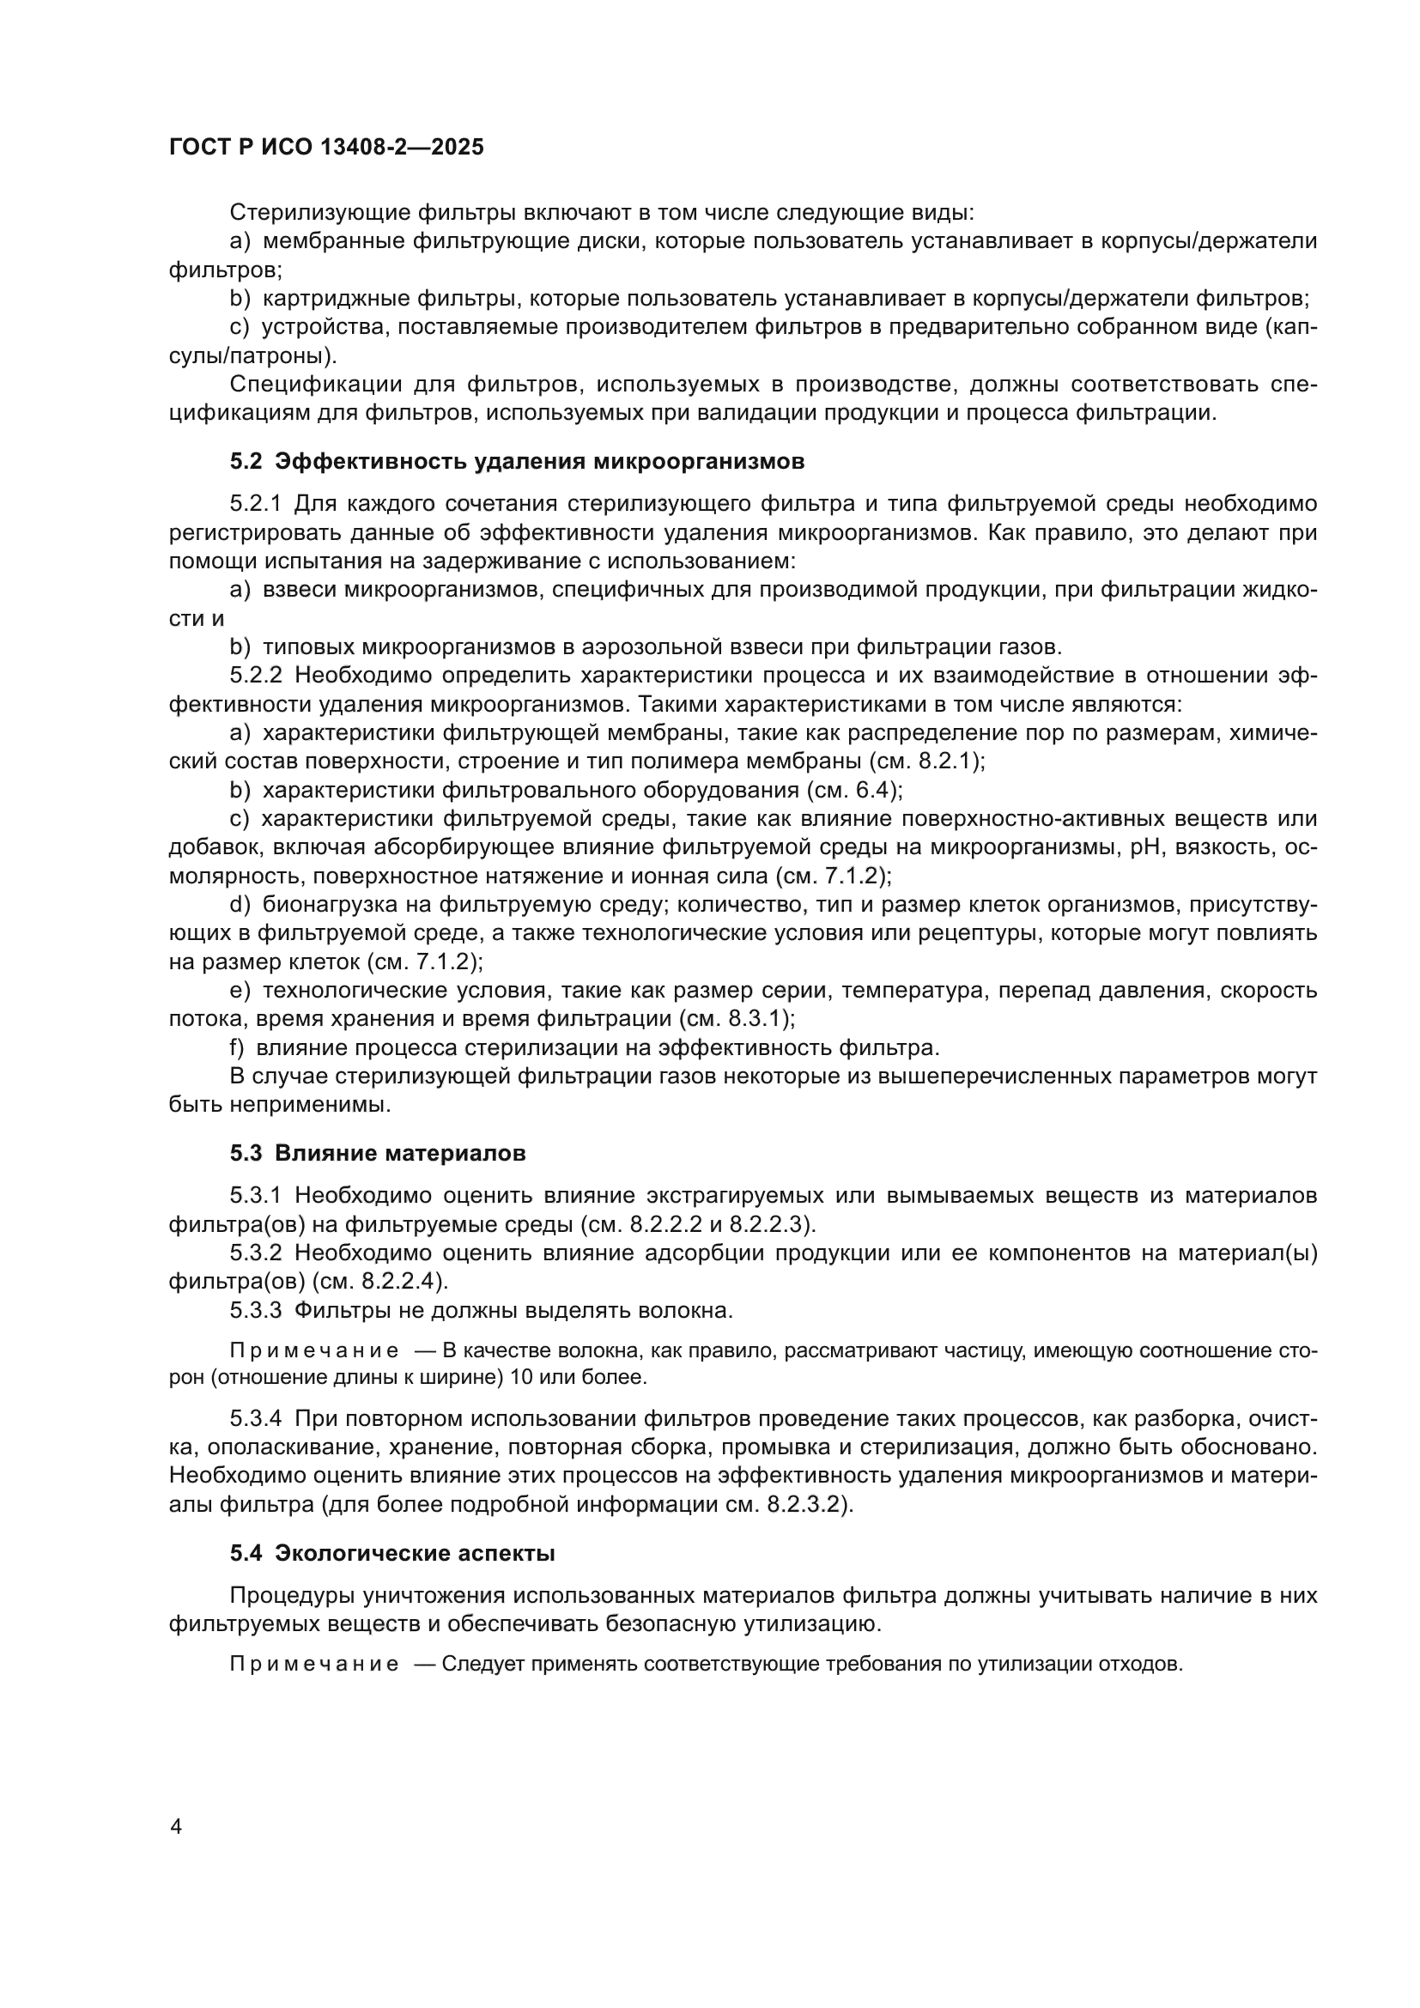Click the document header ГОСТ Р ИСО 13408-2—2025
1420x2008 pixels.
(326, 148)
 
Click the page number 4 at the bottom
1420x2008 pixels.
(176, 1827)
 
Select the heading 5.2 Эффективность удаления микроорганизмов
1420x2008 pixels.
(517, 461)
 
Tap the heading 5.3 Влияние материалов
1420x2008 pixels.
(378, 1154)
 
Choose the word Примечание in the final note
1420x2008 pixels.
(314, 1664)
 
